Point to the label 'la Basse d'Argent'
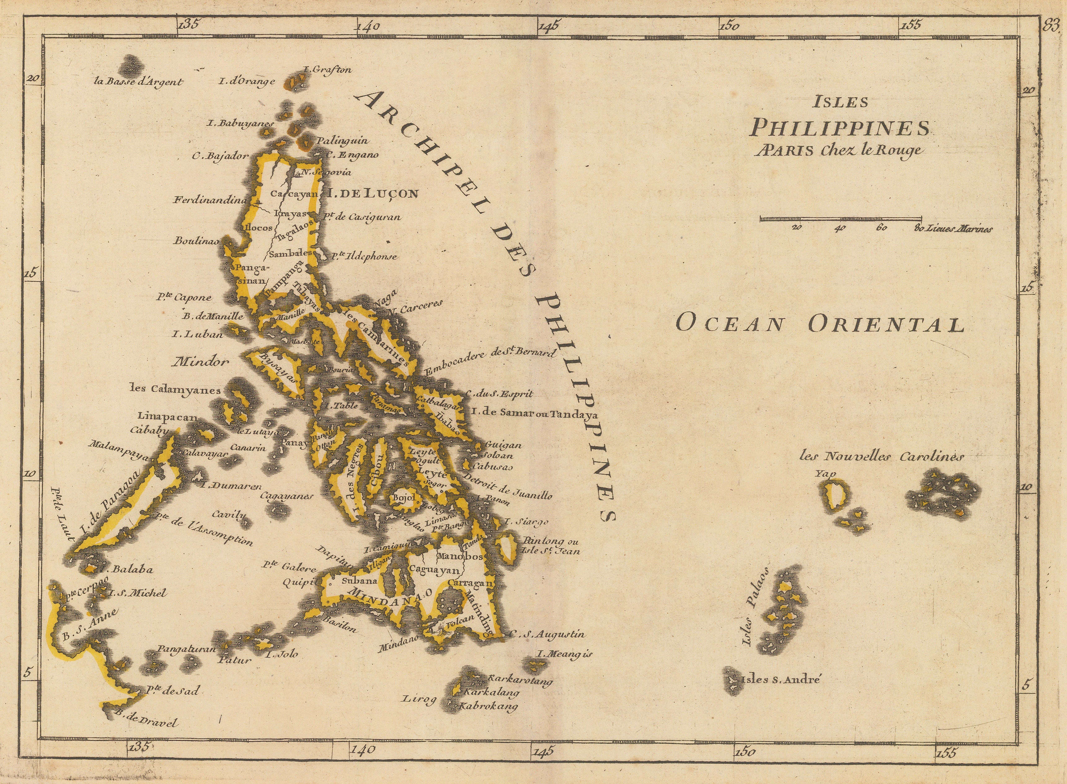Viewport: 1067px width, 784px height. (x=138, y=81)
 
